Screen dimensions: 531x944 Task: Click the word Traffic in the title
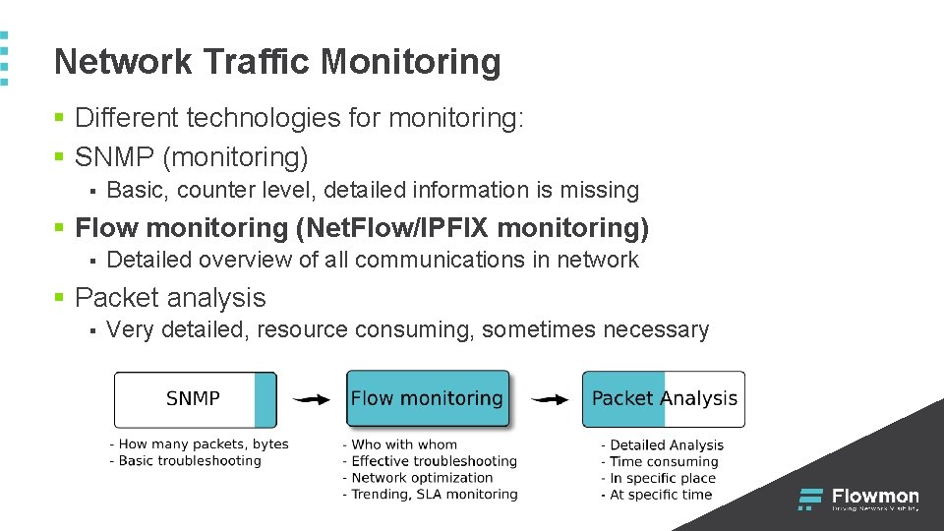(x=258, y=62)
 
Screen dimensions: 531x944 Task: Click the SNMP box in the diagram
(x=195, y=398)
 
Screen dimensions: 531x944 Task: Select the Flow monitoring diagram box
(x=427, y=398)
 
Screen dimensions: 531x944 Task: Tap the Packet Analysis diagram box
(x=664, y=398)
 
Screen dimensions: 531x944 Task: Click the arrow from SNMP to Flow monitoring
(x=312, y=399)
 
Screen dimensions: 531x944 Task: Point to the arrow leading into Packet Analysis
(x=549, y=399)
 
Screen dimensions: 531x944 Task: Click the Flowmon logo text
(x=875, y=497)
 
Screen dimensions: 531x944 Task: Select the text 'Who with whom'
(x=403, y=444)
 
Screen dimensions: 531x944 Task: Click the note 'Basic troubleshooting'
(x=190, y=460)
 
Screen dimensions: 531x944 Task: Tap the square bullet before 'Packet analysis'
(x=60, y=298)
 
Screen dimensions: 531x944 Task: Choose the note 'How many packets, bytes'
(x=204, y=444)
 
